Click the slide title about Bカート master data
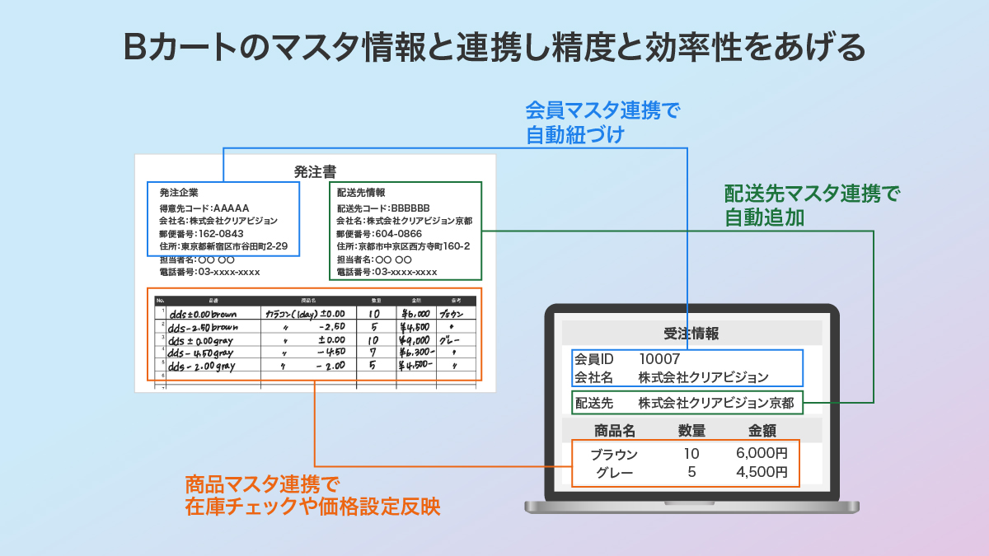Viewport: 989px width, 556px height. tap(494, 48)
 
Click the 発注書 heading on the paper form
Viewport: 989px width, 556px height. tap(315, 172)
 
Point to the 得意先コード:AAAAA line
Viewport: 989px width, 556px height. tap(204, 208)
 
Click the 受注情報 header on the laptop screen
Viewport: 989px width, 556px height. tap(691, 334)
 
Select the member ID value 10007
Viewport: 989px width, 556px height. tap(659, 359)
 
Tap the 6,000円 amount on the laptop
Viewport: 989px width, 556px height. tap(762, 454)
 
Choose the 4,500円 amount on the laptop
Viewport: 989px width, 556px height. tap(762, 473)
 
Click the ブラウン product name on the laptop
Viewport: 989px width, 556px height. tap(614, 454)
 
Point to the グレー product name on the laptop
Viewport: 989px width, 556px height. tap(614, 473)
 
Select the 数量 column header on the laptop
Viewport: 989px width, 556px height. tap(691, 430)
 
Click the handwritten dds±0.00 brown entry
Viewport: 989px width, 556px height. tap(203, 315)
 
